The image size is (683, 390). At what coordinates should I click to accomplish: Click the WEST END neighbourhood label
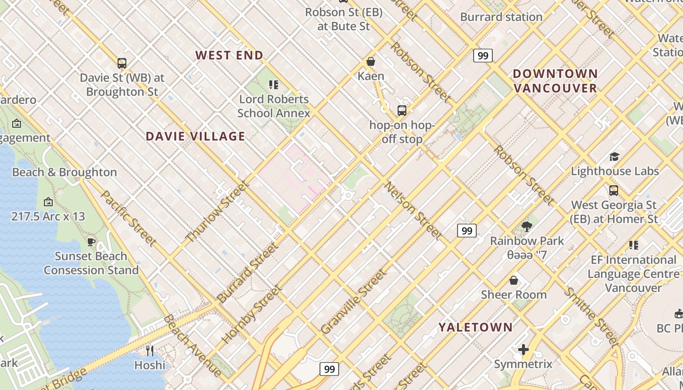click(229, 55)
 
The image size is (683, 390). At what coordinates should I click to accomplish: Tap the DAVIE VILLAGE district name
click(196, 136)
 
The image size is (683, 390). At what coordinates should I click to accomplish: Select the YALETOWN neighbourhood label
click(475, 327)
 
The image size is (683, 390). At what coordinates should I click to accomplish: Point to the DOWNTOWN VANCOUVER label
click(555, 81)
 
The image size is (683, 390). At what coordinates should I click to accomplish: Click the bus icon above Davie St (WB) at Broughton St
click(122, 63)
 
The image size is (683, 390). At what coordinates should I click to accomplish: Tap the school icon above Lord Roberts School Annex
click(274, 85)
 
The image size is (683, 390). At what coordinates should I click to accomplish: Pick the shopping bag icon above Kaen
click(371, 61)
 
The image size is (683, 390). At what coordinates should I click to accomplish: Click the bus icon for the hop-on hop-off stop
click(402, 111)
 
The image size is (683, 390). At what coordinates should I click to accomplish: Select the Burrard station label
click(501, 17)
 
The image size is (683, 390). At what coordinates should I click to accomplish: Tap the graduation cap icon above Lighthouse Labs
click(614, 156)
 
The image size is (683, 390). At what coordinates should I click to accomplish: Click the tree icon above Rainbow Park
click(526, 226)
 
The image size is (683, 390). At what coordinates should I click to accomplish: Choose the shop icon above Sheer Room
click(513, 280)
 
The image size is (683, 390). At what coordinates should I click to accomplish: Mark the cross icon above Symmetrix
click(523, 350)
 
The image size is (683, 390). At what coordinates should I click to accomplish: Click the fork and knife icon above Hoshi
click(150, 351)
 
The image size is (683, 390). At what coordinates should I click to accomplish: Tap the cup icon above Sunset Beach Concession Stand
click(91, 242)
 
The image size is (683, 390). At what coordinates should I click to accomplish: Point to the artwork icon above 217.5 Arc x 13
click(48, 202)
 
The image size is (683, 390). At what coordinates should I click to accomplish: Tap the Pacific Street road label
click(129, 217)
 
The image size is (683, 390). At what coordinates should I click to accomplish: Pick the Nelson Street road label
click(414, 211)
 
